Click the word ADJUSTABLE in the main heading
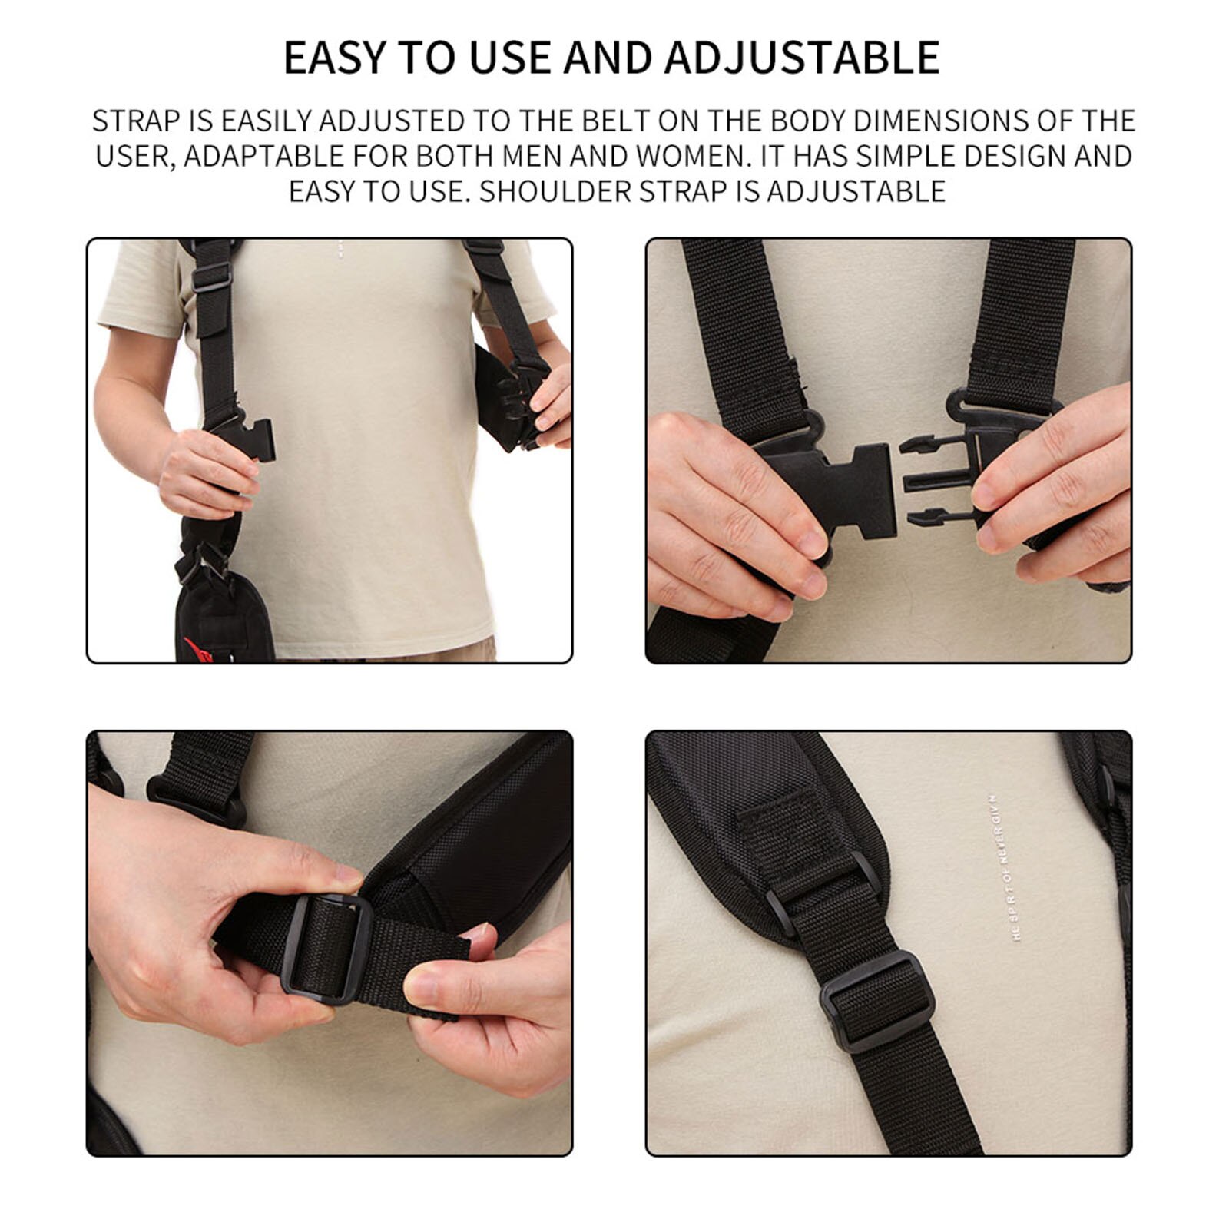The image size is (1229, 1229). point(802,57)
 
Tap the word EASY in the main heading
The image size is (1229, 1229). point(334,57)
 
